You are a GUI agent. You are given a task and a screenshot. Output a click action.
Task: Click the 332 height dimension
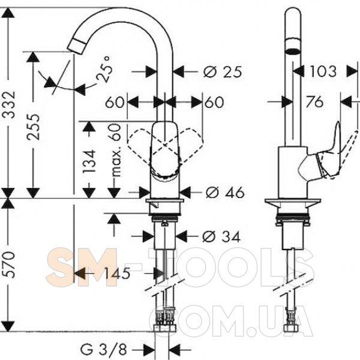[10, 104]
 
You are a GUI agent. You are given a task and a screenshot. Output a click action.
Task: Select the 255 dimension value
[33, 127]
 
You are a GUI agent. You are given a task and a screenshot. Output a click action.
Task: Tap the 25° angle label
[105, 70]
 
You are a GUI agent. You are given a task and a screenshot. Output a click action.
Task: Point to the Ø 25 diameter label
[222, 72]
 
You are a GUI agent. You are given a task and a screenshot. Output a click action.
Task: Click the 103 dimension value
[323, 71]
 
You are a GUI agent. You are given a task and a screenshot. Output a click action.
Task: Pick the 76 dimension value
[314, 102]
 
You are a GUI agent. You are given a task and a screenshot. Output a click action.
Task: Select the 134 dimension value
[89, 161]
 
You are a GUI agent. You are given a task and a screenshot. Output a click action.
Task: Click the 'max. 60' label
[115, 150]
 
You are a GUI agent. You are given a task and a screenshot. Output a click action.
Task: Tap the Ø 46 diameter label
[225, 192]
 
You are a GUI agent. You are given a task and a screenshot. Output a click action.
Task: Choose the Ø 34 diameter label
[221, 236]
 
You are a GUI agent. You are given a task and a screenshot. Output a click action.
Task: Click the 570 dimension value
[10, 265]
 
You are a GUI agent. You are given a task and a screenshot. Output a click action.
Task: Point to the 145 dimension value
[118, 273]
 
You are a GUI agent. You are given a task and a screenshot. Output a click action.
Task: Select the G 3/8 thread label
[104, 350]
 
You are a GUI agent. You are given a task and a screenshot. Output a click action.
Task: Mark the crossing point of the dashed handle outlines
[166, 145]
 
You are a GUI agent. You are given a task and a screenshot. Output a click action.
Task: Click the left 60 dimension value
[115, 102]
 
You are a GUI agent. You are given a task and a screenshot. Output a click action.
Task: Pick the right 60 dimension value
[214, 102]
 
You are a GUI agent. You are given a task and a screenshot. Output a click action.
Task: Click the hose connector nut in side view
[292, 328]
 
